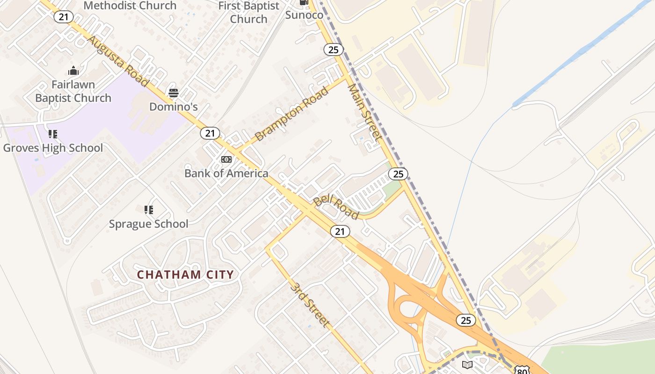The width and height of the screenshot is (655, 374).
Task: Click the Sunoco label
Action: tap(304, 15)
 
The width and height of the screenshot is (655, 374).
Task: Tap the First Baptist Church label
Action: tap(249, 13)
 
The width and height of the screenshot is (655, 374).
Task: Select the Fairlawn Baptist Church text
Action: tap(73, 91)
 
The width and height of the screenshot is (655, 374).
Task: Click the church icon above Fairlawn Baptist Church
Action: tap(73, 71)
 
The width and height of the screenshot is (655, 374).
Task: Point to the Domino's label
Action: tap(174, 107)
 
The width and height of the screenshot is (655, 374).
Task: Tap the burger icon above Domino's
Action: tap(174, 93)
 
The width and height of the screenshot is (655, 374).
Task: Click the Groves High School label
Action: tap(53, 148)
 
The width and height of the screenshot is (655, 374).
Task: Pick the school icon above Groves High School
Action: tap(53, 134)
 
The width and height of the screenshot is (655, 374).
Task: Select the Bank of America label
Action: tap(226, 173)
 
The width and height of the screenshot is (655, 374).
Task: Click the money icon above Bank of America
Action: tap(226, 159)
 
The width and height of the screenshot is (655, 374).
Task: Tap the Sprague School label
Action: tap(149, 224)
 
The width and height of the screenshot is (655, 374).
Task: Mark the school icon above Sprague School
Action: tap(149, 209)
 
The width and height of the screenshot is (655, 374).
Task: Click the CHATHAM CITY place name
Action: tap(185, 274)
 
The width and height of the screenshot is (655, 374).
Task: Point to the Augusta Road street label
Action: tap(118, 61)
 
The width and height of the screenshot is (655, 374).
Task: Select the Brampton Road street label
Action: tap(292, 114)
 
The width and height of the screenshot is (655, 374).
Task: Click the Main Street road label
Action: tap(364, 112)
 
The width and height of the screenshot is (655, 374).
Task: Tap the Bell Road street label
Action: tap(336, 207)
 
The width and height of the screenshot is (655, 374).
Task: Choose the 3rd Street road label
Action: tap(310, 304)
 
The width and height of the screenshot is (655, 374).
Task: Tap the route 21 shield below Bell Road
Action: tap(340, 231)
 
